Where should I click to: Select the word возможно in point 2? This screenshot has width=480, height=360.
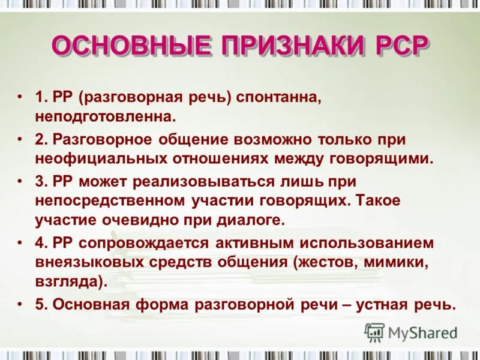[283, 140]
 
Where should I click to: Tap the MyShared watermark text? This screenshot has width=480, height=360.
[423, 333]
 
